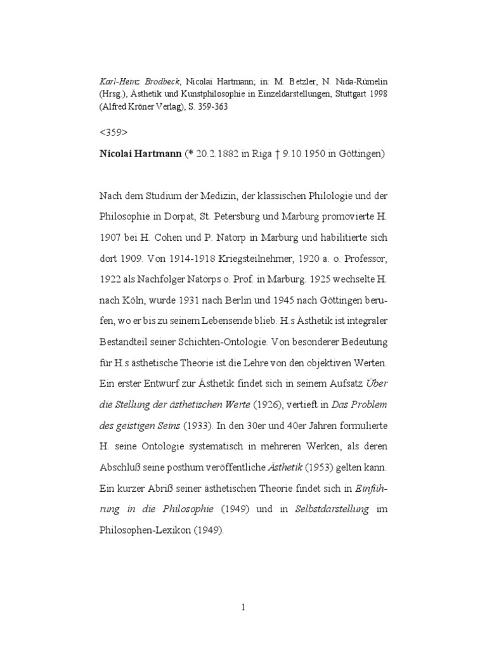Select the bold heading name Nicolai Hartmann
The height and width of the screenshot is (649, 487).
140,155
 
